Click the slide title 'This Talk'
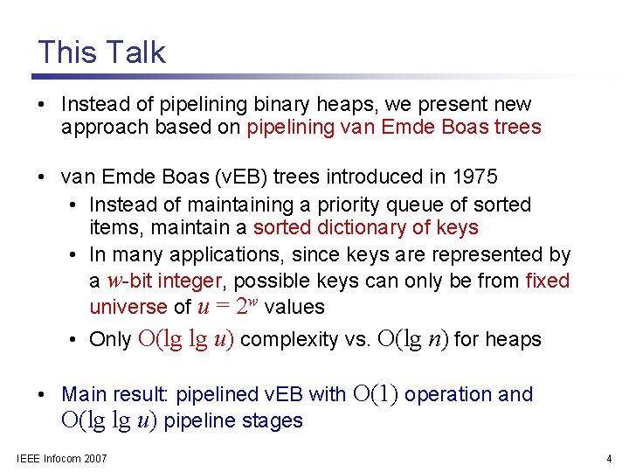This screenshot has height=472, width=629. click(x=101, y=52)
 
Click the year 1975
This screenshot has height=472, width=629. click(x=474, y=177)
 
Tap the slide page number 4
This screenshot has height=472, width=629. click(x=609, y=459)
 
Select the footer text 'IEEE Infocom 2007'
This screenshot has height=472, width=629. click(x=62, y=459)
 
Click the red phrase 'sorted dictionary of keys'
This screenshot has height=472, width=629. click(x=366, y=228)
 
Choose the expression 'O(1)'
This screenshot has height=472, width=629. click(x=376, y=394)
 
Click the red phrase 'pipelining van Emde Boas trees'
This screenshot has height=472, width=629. click(x=394, y=128)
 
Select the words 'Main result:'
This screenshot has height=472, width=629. click(x=116, y=395)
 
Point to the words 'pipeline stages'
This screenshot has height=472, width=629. click(x=233, y=421)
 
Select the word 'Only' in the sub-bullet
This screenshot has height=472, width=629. click(x=110, y=340)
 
